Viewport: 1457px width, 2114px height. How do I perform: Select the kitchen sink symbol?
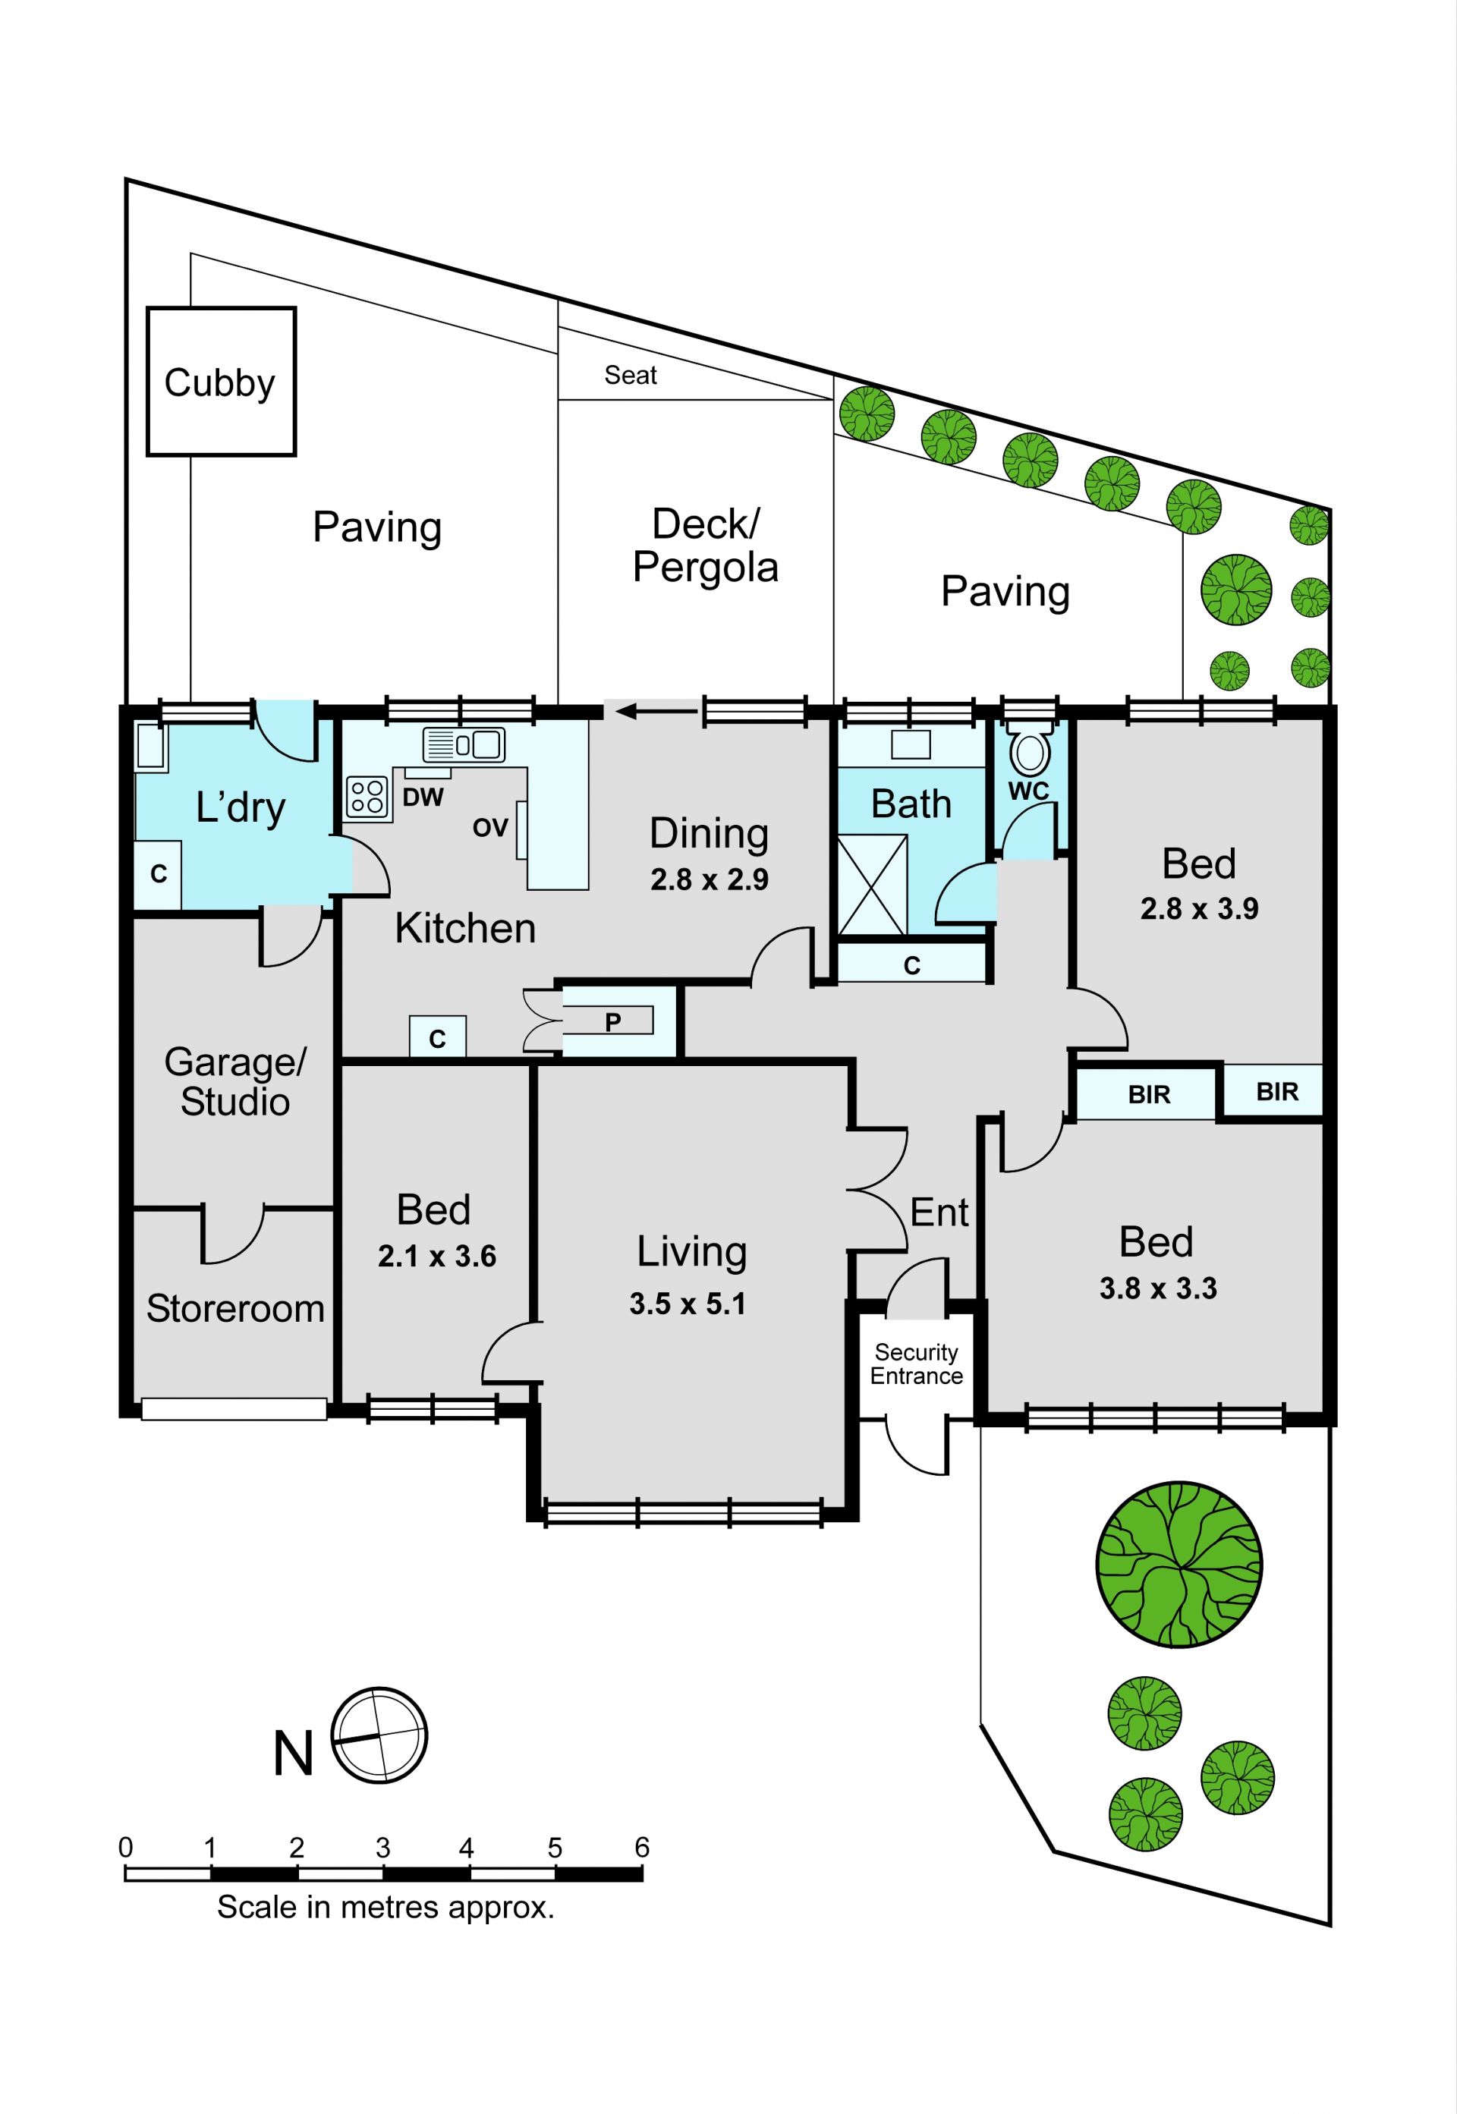click(x=464, y=745)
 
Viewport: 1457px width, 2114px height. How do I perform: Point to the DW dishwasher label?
click(x=423, y=797)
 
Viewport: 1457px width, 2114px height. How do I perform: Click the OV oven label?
click(x=490, y=827)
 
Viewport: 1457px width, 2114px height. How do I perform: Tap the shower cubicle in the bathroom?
click(x=873, y=885)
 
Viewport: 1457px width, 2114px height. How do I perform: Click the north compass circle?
click(x=379, y=1735)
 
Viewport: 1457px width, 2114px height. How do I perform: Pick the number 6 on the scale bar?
click(x=642, y=1848)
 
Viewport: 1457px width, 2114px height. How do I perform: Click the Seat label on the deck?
click(x=631, y=375)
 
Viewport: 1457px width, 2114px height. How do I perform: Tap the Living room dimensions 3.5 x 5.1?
click(x=688, y=1304)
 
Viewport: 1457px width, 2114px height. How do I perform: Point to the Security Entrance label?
click(x=917, y=1364)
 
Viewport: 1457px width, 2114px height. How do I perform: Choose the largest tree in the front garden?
click(x=1179, y=1565)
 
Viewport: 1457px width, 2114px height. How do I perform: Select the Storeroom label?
click(x=235, y=1309)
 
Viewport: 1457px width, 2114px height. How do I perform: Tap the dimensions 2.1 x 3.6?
click(x=437, y=1256)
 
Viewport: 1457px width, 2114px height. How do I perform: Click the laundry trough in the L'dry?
click(x=152, y=747)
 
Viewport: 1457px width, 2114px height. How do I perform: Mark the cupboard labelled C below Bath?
click(x=912, y=964)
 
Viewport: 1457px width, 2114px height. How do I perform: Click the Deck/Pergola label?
click(x=706, y=546)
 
